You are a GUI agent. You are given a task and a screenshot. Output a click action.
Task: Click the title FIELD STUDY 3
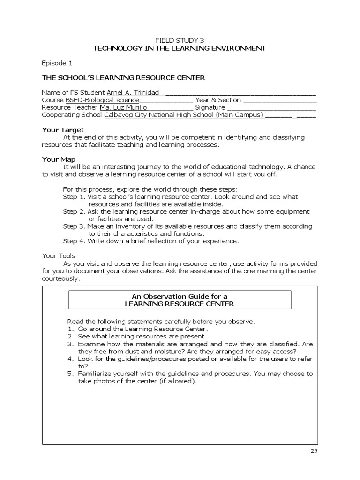(x=180, y=40)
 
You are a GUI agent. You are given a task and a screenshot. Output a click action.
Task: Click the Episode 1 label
(x=58, y=62)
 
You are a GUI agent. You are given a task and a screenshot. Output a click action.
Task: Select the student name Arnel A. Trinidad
(x=133, y=92)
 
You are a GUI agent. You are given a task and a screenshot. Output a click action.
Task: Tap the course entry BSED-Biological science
(x=102, y=100)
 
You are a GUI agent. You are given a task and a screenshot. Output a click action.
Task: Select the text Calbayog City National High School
(x=159, y=115)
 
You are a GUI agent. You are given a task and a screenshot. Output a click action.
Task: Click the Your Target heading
(x=63, y=129)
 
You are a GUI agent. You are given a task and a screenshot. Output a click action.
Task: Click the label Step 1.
(x=74, y=197)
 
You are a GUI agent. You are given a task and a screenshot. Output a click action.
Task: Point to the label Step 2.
(x=74, y=212)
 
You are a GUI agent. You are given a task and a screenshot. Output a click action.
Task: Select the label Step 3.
(x=74, y=226)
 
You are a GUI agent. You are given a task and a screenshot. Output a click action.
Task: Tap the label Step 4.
(x=74, y=241)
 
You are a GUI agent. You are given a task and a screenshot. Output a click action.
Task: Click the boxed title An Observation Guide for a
(x=180, y=296)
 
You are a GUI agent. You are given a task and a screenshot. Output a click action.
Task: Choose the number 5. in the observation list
(x=70, y=374)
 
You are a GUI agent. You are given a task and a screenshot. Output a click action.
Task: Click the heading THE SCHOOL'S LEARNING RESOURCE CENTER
(x=123, y=77)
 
